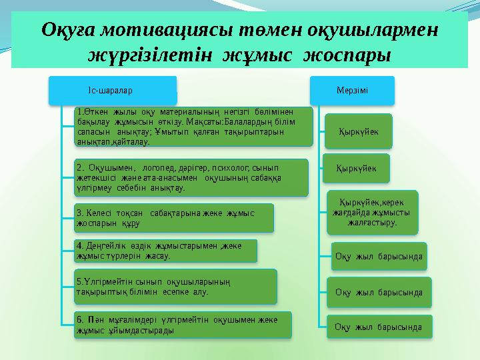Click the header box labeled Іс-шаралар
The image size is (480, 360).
(111, 89)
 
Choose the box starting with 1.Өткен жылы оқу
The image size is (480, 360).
(193, 127)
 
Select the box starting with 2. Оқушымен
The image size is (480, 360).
(192, 177)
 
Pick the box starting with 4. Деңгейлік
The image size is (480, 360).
(165, 250)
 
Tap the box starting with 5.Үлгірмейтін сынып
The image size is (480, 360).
(175, 286)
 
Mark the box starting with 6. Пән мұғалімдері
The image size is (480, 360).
(183, 324)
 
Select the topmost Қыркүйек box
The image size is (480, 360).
(358, 131)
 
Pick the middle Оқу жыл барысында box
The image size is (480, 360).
(379, 292)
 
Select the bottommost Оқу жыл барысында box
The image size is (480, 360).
(378, 327)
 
